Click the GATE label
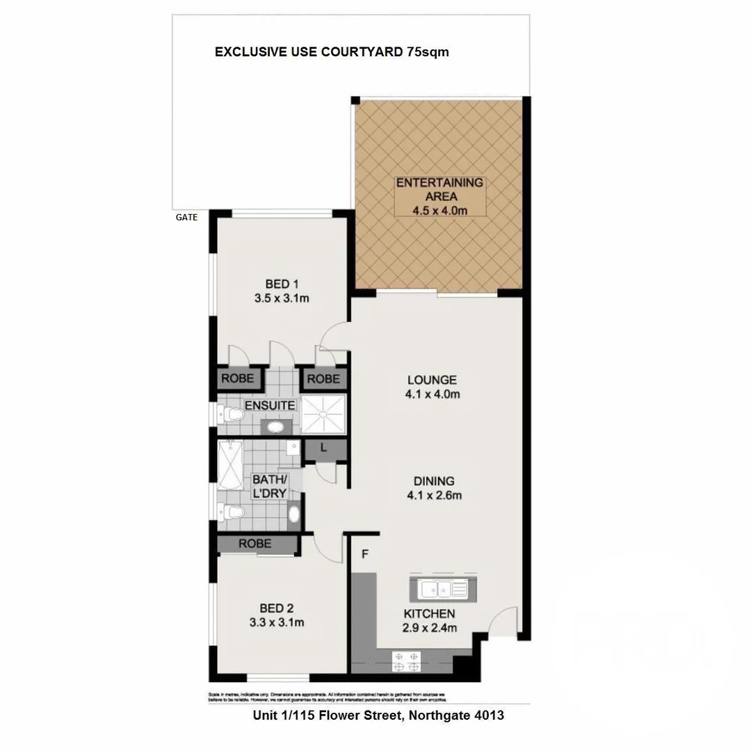[186, 218]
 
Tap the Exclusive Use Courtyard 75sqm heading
[332, 52]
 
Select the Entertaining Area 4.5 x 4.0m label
[439, 197]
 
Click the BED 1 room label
[281, 291]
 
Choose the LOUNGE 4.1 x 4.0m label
[433, 387]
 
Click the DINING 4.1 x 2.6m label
[434, 488]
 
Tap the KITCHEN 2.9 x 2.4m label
[430, 620]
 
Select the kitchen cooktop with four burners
[406, 661]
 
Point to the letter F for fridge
[364, 554]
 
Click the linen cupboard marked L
[324, 449]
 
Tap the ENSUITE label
[270, 405]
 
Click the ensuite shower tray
[323, 413]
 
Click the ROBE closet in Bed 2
[255, 544]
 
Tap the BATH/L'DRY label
[269, 487]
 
